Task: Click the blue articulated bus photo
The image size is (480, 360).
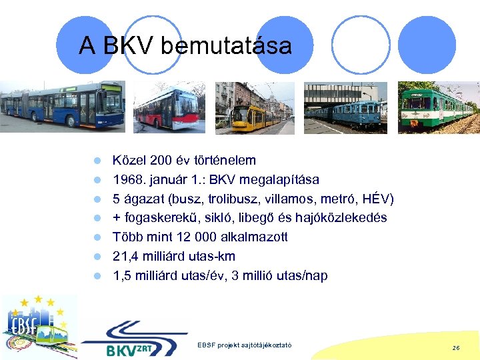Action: tap(62, 107)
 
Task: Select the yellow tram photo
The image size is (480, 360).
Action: tap(254, 108)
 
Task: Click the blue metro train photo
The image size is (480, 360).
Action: tap(345, 108)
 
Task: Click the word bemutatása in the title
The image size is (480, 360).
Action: tap(226, 46)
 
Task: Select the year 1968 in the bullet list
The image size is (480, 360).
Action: tap(127, 180)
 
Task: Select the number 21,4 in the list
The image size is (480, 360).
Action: tap(125, 257)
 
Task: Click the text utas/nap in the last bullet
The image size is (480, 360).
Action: tap(302, 276)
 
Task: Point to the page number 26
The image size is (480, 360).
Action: tap(455, 348)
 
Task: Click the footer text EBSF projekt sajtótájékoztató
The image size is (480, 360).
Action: tap(245, 344)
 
